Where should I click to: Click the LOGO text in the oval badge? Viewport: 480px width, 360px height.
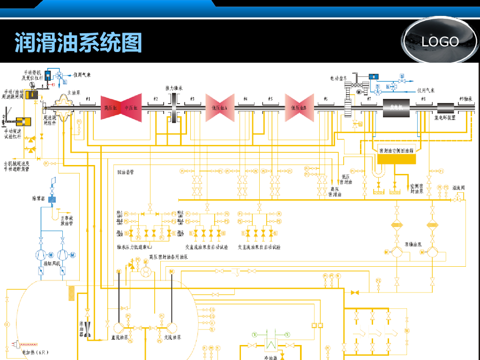tap(440, 42)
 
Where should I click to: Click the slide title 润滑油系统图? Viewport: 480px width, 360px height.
tap(78, 43)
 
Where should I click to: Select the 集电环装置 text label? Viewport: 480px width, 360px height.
tap(445, 118)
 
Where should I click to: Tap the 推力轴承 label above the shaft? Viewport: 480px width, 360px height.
tap(174, 88)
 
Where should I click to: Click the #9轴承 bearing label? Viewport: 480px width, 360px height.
tap(465, 99)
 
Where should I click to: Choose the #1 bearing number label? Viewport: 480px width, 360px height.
tap(88, 99)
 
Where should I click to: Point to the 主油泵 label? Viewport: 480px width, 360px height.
tap(75, 92)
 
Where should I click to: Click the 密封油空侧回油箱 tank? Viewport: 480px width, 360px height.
tap(396, 157)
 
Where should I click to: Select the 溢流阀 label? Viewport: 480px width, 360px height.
tap(458, 187)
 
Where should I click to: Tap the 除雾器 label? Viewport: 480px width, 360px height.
tap(38, 199)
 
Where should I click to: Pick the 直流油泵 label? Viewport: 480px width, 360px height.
tap(120, 337)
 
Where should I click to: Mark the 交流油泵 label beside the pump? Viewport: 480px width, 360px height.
tap(172, 337)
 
